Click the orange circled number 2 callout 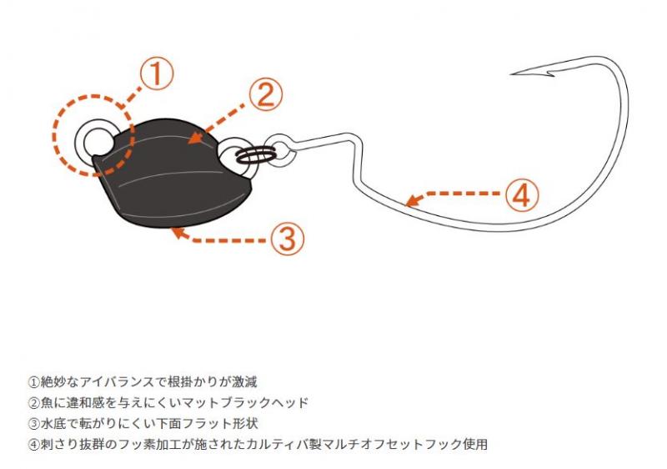coord(265,95)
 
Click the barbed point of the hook coord(522,73)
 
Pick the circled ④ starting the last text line coord(34,444)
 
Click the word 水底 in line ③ coord(53,423)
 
